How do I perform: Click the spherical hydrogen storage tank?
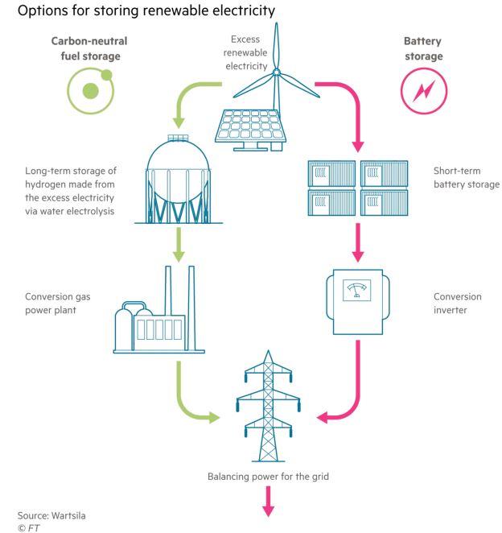[179, 180]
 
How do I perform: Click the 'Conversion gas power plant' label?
[57, 303]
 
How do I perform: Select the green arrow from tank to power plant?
[179, 245]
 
